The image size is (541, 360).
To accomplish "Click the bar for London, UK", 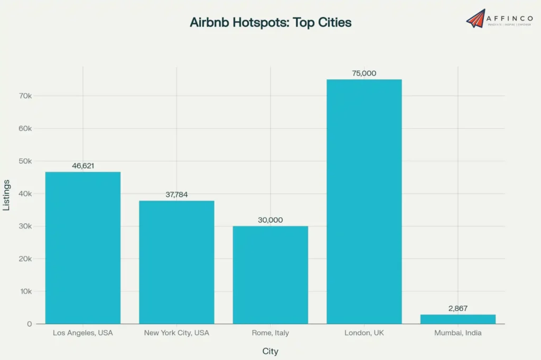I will pyautogui.click(x=364, y=201).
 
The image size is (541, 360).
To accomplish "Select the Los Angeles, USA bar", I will pyautogui.click(x=83, y=248).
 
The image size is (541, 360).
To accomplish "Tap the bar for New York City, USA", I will pyautogui.click(x=176, y=262).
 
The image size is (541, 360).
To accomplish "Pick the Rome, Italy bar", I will pyautogui.click(x=270, y=274).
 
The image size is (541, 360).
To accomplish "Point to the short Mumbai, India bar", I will pyautogui.click(x=458, y=319).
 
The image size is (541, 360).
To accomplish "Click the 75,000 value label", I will pyautogui.click(x=364, y=73).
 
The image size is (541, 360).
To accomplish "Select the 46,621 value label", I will pyautogui.click(x=83, y=166).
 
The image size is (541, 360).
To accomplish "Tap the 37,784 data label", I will pyautogui.click(x=176, y=195).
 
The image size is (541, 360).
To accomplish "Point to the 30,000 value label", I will pyautogui.click(x=270, y=220).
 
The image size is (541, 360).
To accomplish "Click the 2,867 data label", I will pyautogui.click(x=458, y=308).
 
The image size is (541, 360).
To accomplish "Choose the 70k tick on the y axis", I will pyautogui.click(x=26, y=96).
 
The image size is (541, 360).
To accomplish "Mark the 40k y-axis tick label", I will pyautogui.click(x=26, y=194).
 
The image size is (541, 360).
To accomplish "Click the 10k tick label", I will pyautogui.click(x=26, y=291).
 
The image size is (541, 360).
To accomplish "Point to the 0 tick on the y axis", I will pyautogui.click(x=30, y=324).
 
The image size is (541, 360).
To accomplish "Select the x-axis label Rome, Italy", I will pyautogui.click(x=270, y=333).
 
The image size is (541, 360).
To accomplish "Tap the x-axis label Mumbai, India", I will pyautogui.click(x=458, y=333).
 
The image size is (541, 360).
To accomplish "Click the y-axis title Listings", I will pyautogui.click(x=7, y=195).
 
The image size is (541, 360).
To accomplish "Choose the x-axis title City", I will pyautogui.click(x=270, y=351).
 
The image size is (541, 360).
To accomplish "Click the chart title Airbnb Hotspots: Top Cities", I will pyautogui.click(x=270, y=22).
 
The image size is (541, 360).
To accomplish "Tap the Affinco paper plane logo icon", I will pyautogui.click(x=475, y=18).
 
